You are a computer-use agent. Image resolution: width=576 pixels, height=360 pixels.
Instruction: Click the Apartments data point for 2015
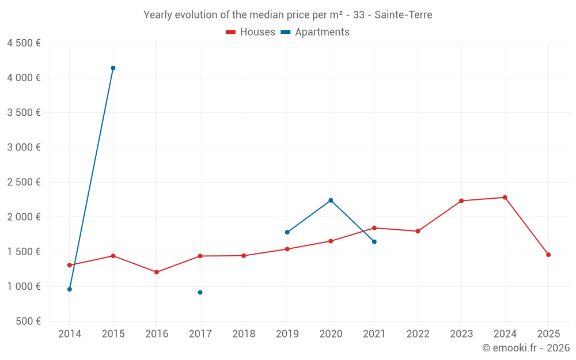pos(113,68)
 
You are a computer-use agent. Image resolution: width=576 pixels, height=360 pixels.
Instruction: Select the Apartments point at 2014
pos(70,289)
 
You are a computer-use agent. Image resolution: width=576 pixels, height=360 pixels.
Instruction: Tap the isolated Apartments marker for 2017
pos(200,293)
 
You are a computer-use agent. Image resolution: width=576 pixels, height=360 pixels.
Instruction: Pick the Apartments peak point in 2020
pos(331,200)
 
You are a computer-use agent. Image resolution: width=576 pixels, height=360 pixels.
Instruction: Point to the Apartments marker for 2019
pos(287,232)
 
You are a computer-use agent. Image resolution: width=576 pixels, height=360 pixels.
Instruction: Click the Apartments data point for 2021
pos(374,242)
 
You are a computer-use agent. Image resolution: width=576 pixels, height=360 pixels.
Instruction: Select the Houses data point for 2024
pos(505,198)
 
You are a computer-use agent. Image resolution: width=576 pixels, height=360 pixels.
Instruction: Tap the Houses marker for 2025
pos(548,255)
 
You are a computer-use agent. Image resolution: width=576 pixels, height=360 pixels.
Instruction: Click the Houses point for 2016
pos(157,272)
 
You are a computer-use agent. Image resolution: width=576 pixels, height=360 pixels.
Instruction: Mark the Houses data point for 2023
pos(461,201)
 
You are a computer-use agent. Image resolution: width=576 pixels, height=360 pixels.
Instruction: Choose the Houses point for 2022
pos(418,231)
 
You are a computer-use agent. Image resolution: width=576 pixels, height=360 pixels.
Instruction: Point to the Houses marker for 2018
pos(244,256)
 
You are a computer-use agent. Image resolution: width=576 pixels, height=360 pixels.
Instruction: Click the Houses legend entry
pos(251,32)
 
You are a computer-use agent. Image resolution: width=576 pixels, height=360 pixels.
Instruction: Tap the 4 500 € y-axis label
pos(24,43)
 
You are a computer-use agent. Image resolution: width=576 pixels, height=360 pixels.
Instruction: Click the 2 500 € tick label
pos(24,182)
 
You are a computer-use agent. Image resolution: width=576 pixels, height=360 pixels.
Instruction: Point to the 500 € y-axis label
pos(28,321)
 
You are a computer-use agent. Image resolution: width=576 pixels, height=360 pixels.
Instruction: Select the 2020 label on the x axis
pos(331,334)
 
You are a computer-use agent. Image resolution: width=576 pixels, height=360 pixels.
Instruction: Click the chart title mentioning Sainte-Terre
pos(287,15)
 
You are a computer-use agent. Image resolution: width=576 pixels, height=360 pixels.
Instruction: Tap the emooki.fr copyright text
pos(526,348)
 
